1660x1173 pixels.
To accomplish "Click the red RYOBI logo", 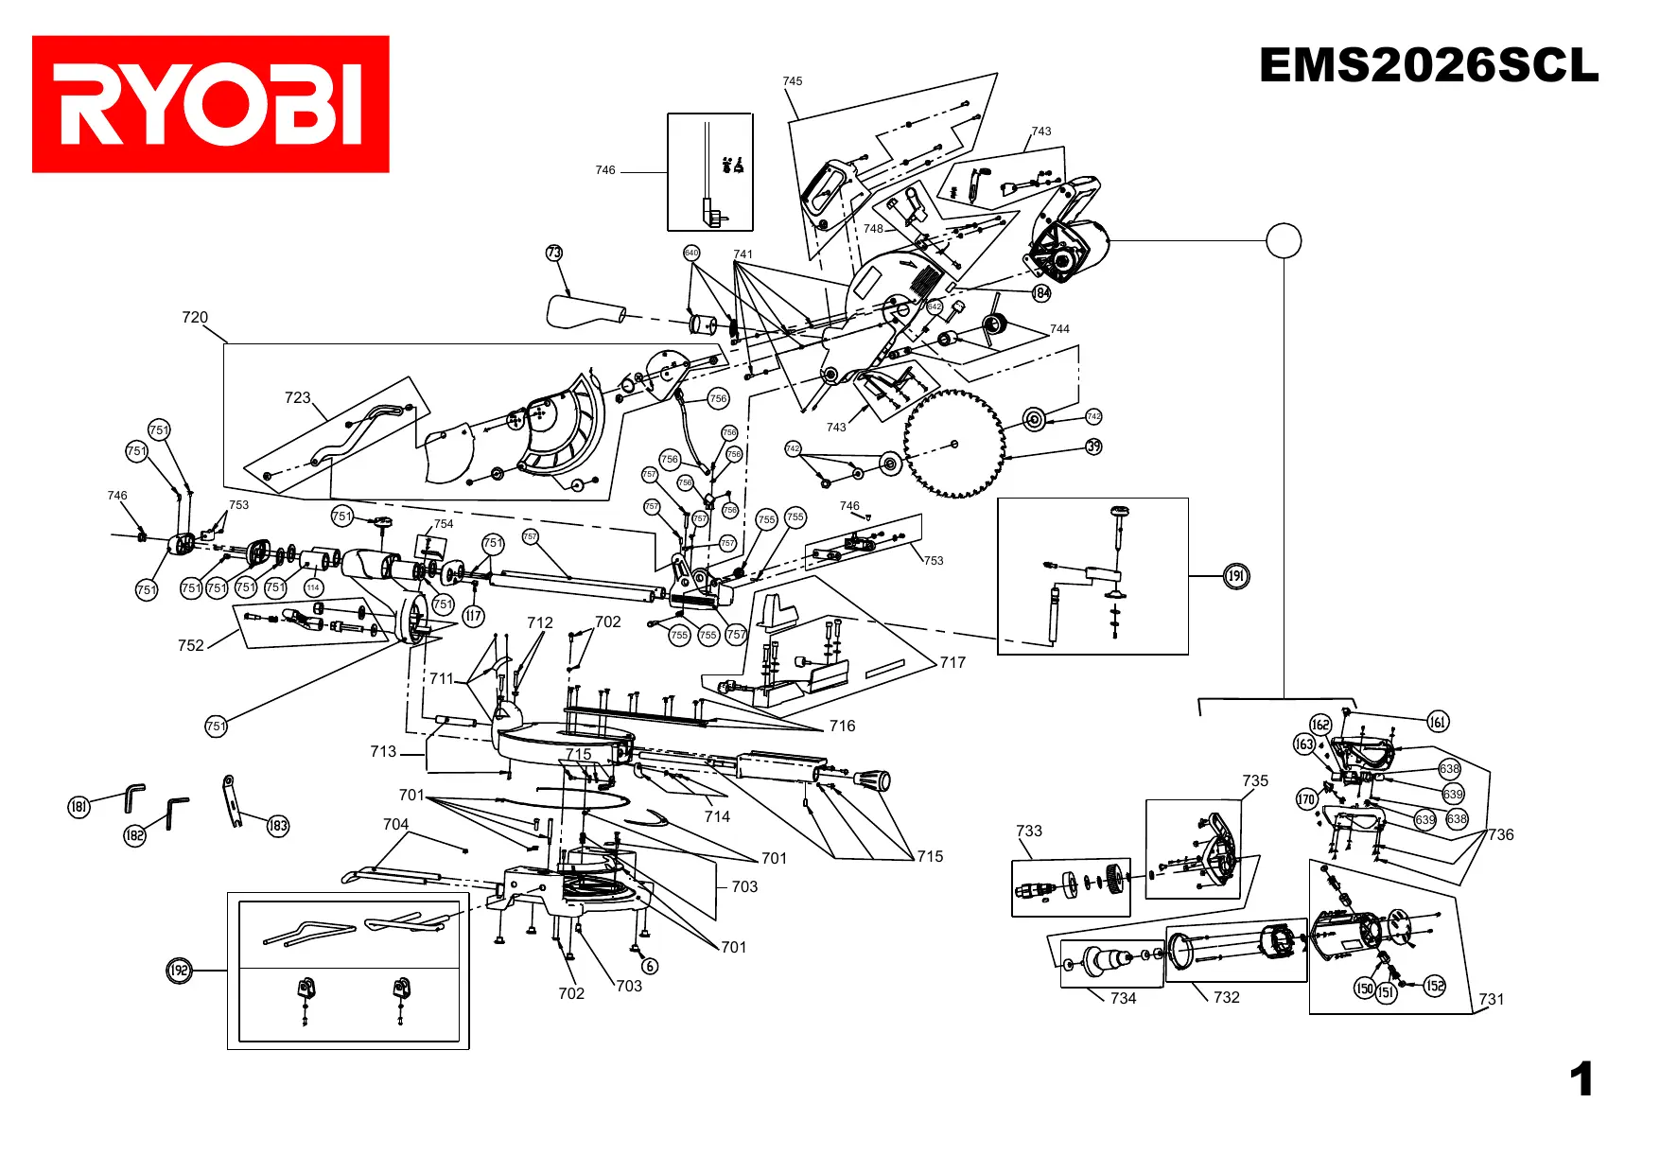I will click(210, 104).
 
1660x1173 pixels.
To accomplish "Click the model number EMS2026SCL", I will click(1428, 66).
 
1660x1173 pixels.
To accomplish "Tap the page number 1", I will click(1581, 1079).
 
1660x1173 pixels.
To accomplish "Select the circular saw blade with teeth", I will click(953, 444).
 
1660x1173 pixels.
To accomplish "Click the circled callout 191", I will click(1236, 576).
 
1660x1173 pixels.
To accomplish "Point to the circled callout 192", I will click(179, 971).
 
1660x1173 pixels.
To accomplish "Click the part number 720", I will click(195, 318).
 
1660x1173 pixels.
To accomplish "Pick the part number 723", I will click(297, 398).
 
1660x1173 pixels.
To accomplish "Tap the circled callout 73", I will click(554, 253).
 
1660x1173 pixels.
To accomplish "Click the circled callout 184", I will click(1041, 293).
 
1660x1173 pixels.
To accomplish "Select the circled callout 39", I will click(1093, 446).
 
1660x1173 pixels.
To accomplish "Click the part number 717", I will click(952, 663).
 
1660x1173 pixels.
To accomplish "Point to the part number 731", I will click(1491, 999).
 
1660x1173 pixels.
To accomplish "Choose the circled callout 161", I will click(1438, 723).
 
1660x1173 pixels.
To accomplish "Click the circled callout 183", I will click(277, 826).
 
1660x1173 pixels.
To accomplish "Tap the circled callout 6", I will click(650, 966).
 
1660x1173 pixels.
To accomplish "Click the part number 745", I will click(793, 81).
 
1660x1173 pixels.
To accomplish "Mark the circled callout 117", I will click(473, 617).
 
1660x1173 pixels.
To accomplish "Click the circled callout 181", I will click(79, 806).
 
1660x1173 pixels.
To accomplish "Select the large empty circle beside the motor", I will click(1284, 240).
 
